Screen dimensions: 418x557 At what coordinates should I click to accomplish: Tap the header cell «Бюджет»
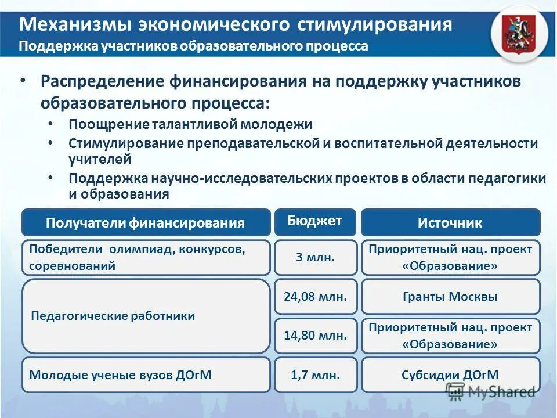tap(315, 221)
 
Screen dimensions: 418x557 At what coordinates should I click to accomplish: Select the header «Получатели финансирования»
tap(146, 222)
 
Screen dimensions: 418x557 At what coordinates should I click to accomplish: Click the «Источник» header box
tap(450, 222)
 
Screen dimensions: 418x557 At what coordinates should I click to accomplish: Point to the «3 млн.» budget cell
tap(315, 257)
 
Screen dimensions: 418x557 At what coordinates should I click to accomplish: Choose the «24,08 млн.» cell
tap(315, 297)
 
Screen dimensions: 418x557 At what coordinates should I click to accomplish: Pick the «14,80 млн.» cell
tap(315, 336)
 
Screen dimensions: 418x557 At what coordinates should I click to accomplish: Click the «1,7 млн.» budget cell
tap(315, 375)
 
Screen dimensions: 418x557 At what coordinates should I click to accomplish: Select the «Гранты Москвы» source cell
tap(450, 297)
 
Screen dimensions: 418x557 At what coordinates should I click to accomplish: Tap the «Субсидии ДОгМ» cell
tap(450, 375)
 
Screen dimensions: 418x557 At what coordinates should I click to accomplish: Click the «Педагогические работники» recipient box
tap(146, 316)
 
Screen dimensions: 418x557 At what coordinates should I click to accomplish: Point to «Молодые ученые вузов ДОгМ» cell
tap(146, 375)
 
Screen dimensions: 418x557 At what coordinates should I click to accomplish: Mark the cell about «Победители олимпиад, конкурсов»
tap(146, 257)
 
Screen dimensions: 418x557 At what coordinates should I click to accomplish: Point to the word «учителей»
tap(100, 158)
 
